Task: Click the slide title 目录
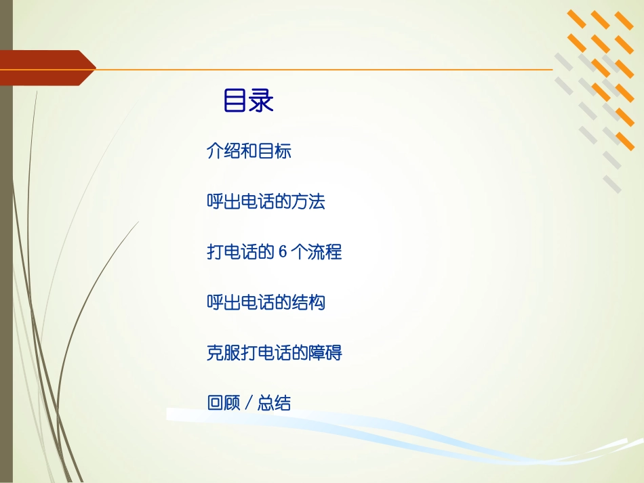click(248, 102)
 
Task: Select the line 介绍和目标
click(249, 151)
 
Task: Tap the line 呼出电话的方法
click(266, 202)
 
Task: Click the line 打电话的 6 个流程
click(274, 252)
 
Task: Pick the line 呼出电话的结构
click(266, 302)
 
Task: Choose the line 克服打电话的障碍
click(274, 353)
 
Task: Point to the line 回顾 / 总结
click(249, 403)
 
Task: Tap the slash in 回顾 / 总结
click(249, 404)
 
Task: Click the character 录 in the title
click(261, 102)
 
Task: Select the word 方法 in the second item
click(308, 202)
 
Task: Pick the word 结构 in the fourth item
click(308, 302)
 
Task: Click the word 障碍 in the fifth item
click(325, 353)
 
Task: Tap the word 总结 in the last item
click(275, 403)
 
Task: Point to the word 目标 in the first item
click(275, 151)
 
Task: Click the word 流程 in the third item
click(325, 252)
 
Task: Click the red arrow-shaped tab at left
click(47, 68)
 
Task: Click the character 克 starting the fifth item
click(215, 353)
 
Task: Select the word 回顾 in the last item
click(224, 403)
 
